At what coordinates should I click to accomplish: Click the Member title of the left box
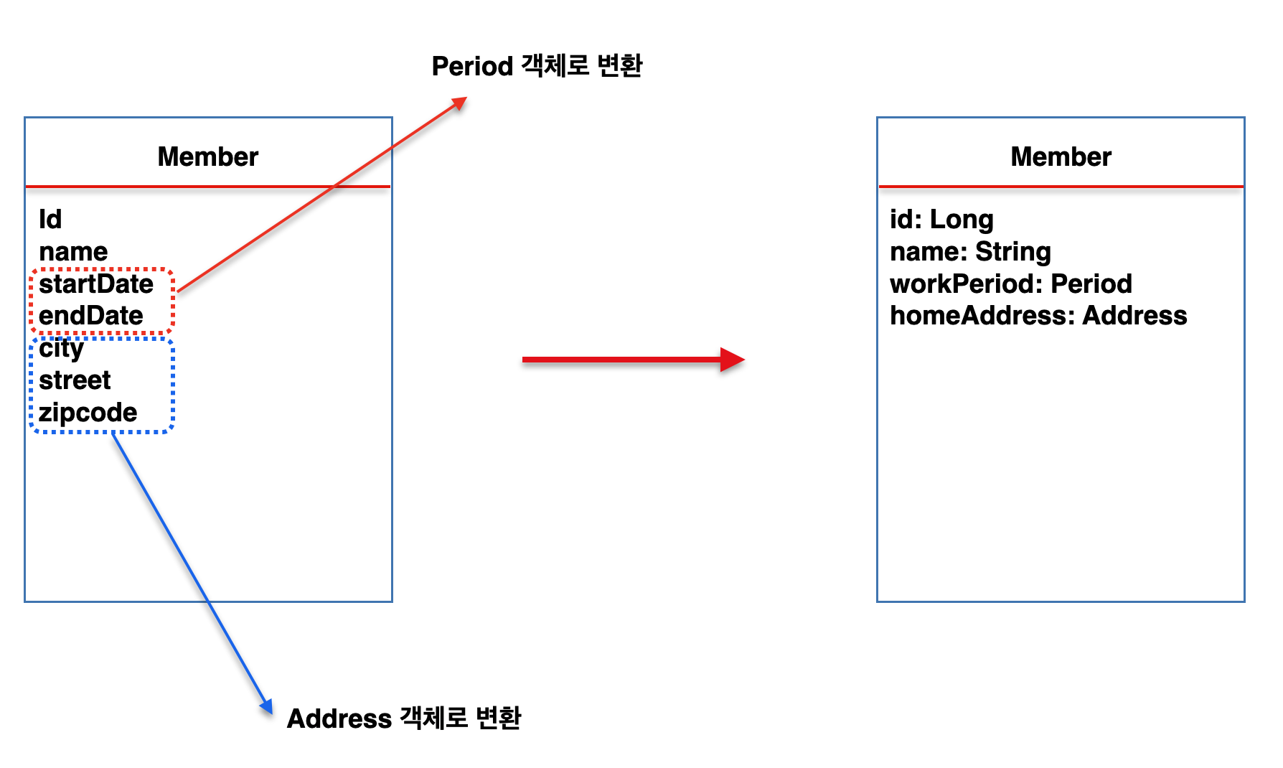[x=207, y=156]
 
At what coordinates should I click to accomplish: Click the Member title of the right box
[x=1061, y=156]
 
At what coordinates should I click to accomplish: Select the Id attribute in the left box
[x=50, y=219]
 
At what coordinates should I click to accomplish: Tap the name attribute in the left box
[x=73, y=252]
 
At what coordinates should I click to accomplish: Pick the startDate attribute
[x=96, y=284]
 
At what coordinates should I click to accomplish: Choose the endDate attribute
[x=91, y=316]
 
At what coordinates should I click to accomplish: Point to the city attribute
[x=62, y=348]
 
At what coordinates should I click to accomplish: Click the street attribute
[x=75, y=380]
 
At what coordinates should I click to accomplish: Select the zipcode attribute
[x=88, y=413]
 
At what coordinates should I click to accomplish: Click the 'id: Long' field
[x=941, y=220]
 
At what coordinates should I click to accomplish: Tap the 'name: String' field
[x=970, y=252]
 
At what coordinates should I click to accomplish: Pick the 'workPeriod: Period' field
[x=1010, y=284]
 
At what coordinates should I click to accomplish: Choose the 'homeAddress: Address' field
[x=1038, y=316]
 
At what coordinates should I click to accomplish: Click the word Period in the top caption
[x=472, y=66]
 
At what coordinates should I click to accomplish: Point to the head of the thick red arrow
[x=733, y=360]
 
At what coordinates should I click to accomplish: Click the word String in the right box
[x=1012, y=252]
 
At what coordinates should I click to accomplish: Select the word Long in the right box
[x=962, y=220]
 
